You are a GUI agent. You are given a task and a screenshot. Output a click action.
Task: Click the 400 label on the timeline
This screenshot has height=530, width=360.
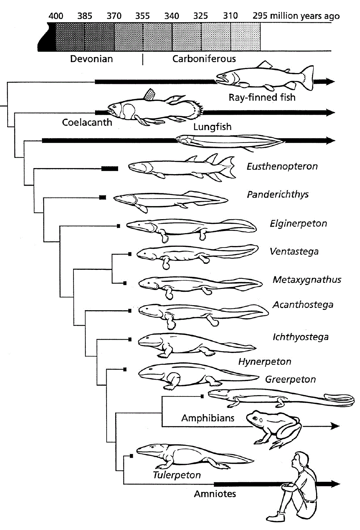click(56, 16)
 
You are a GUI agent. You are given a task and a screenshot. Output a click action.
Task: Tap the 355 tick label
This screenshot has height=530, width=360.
click(143, 16)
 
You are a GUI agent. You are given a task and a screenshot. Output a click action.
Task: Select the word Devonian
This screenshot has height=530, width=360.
click(91, 59)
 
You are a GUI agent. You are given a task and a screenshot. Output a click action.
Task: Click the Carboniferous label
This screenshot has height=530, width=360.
click(204, 59)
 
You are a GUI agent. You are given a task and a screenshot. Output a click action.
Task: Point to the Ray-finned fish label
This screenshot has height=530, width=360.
click(262, 98)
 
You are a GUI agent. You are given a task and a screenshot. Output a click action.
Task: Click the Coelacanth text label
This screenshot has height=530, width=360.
click(87, 123)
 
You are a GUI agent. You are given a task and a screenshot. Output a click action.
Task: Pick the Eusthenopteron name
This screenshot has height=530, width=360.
click(282, 167)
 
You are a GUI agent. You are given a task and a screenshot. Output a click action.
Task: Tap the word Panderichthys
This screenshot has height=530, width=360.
click(278, 195)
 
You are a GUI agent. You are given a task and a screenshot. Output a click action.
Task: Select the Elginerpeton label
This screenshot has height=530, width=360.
click(298, 223)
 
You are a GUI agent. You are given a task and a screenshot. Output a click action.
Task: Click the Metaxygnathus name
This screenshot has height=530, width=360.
click(307, 280)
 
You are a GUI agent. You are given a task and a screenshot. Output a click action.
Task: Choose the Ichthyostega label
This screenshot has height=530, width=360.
click(301, 337)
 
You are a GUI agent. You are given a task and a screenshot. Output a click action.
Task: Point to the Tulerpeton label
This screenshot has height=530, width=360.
click(177, 475)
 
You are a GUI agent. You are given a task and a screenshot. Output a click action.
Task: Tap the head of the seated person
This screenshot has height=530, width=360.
click(301, 461)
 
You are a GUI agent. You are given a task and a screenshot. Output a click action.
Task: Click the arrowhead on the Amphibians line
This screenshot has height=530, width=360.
click(335, 426)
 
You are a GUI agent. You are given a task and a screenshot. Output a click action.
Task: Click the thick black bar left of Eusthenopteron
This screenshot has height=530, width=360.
click(109, 168)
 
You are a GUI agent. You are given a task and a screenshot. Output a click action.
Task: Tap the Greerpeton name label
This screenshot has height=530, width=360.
click(291, 379)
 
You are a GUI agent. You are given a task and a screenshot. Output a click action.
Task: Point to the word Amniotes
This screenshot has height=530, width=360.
click(215, 494)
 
